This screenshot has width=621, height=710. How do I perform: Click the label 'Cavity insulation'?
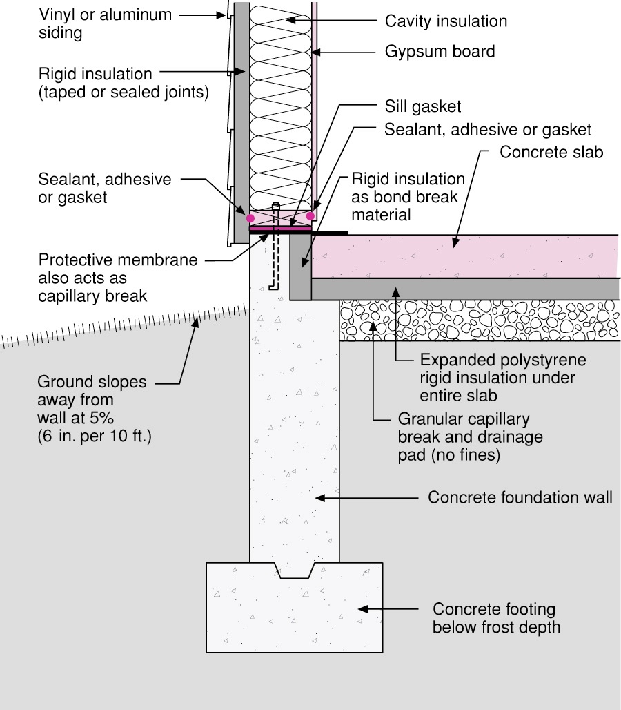pyautogui.click(x=446, y=21)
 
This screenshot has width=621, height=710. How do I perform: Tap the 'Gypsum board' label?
pyautogui.click(x=440, y=51)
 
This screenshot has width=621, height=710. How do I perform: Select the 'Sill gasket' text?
pyautogui.click(x=423, y=106)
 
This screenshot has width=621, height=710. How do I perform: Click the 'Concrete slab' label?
pyautogui.click(x=551, y=152)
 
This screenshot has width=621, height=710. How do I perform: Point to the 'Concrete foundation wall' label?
pyautogui.click(x=520, y=497)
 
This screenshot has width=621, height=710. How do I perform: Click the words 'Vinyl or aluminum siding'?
pyautogui.click(x=105, y=23)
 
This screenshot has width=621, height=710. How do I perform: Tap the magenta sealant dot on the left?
pyautogui.click(x=250, y=218)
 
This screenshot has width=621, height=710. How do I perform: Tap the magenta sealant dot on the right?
pyautogui.click(x=310, y=216)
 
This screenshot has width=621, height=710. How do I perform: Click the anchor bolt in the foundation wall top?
pyautogui.click(x=275, y=247)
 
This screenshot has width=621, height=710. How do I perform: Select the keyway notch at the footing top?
pyautogui.click(x=295, y=570)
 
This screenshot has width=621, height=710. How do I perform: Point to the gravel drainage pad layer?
pyautogui.click(x=480, y=320)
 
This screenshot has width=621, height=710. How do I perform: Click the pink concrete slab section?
pyautogui.click(x=465, y=256)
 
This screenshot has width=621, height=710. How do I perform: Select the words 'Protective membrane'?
pyautogui.click(x=118, y=260)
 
